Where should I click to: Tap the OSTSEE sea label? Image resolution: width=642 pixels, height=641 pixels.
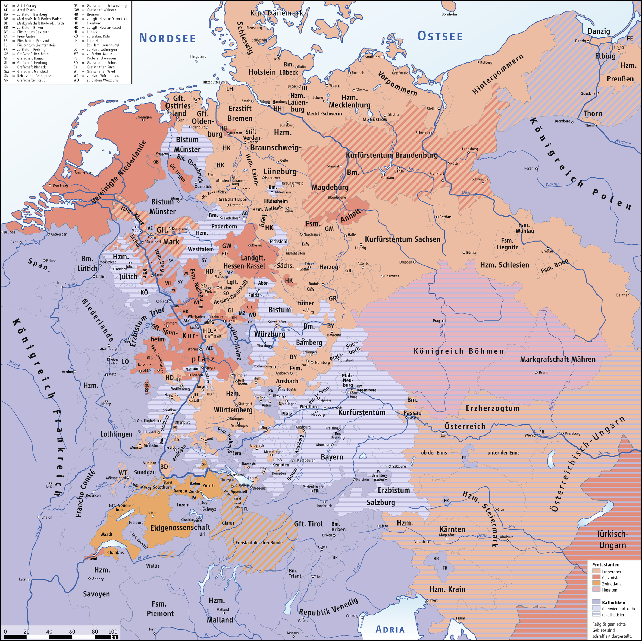440,36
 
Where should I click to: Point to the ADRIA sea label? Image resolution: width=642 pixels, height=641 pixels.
390,629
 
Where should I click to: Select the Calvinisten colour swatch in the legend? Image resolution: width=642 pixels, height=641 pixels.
596,577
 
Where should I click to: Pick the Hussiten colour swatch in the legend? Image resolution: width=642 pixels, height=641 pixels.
596,590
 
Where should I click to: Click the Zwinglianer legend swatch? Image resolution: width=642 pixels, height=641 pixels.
596,583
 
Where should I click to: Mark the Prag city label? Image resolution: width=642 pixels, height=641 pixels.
436,321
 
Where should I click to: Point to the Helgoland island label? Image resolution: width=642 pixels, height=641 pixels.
198,56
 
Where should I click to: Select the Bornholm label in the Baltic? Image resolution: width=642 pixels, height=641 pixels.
449,14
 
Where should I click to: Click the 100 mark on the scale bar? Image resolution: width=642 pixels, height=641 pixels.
113,632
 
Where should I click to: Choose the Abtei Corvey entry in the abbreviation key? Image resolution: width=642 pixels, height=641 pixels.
27,6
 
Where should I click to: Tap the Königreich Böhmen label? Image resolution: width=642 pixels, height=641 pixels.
459,351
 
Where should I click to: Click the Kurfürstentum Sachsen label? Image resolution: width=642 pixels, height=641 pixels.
402,239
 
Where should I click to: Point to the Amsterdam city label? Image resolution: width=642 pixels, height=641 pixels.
83,173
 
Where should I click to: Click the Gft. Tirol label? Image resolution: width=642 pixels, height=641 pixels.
308,524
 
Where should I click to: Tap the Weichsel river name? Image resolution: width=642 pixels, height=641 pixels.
622,142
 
